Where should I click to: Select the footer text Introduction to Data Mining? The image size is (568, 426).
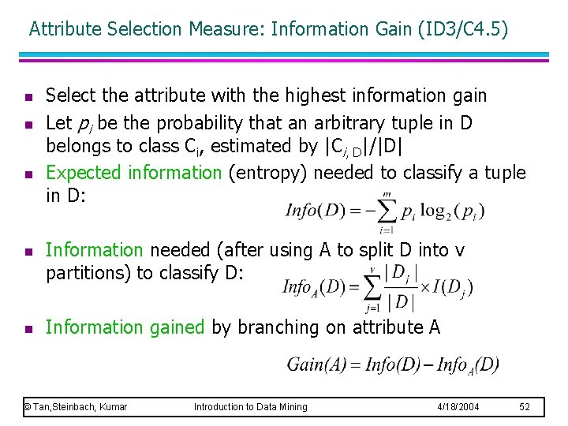251,406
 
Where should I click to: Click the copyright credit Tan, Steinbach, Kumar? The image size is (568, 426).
76,406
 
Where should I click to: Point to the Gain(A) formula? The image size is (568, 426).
393,364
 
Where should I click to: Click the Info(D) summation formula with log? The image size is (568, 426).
384,211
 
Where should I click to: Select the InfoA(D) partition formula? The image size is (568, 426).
377,288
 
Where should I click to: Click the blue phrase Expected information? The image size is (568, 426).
134,173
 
